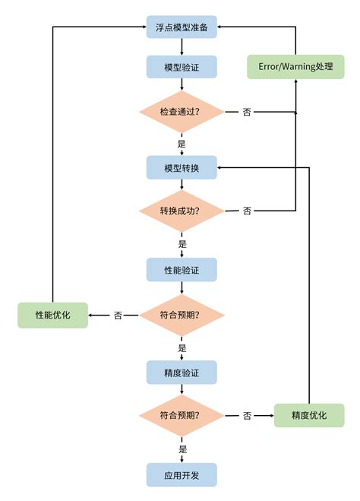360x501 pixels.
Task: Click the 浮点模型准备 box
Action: (182, 27)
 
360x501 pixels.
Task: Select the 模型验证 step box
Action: (182, 67)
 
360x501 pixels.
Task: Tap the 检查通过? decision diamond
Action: (182, 112)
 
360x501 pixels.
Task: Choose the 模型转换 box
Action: (182, 167)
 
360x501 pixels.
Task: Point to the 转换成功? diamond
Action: (182, 211)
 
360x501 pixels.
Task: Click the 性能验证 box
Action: (182, 269)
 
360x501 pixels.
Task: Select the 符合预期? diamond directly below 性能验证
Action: (182, 315)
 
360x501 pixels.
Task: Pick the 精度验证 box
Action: (182, 372)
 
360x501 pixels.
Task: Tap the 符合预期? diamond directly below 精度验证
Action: (182, 416)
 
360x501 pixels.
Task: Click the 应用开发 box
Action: (182, 474)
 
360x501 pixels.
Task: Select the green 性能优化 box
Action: (52, 315)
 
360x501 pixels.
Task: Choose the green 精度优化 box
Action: (308, 415)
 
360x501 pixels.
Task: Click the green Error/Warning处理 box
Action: (295, 67)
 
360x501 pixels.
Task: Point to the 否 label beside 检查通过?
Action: (247, 112)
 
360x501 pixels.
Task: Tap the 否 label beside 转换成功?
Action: (247, 211)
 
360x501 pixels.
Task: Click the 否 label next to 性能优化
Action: (118, 315)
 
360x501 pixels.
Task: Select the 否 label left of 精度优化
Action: (247, 416)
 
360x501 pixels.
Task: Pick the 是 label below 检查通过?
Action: (182, 143)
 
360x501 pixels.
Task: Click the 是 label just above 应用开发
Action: (182, 449)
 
